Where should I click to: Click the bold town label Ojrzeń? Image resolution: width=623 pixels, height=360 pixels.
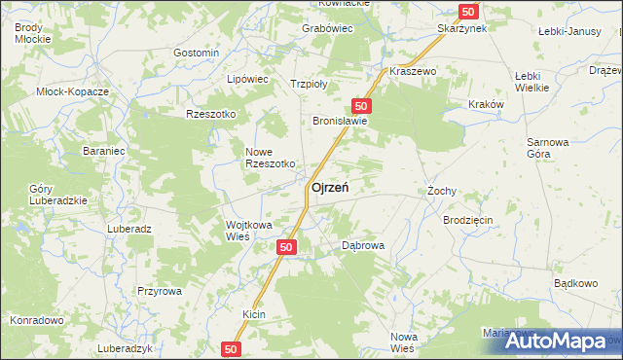pos(331,188)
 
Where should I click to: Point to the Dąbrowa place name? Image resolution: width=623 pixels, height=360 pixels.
pos(364,246)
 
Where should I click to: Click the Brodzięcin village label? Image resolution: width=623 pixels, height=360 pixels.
pos(468,221)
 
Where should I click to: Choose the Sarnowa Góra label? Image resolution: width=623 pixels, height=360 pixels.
pos(547,147)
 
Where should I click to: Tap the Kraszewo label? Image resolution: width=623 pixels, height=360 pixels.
pos(413,72)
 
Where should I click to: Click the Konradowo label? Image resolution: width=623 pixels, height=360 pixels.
pos(36,319)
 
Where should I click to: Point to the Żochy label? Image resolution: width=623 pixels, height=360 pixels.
pos(442,192)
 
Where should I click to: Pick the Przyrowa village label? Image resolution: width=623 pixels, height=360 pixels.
pos(160,291)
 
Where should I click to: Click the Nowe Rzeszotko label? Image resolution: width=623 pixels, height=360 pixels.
pos(270,158)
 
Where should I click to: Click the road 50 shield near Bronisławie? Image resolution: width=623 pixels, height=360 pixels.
pos(361,105)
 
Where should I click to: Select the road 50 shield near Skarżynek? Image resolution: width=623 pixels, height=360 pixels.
pos(469,11)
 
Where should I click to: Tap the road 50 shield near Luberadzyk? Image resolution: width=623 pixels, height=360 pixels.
pos(232,347)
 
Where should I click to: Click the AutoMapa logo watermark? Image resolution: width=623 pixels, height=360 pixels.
pos(566,341)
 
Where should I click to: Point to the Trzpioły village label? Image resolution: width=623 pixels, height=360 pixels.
pos(309,84)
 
